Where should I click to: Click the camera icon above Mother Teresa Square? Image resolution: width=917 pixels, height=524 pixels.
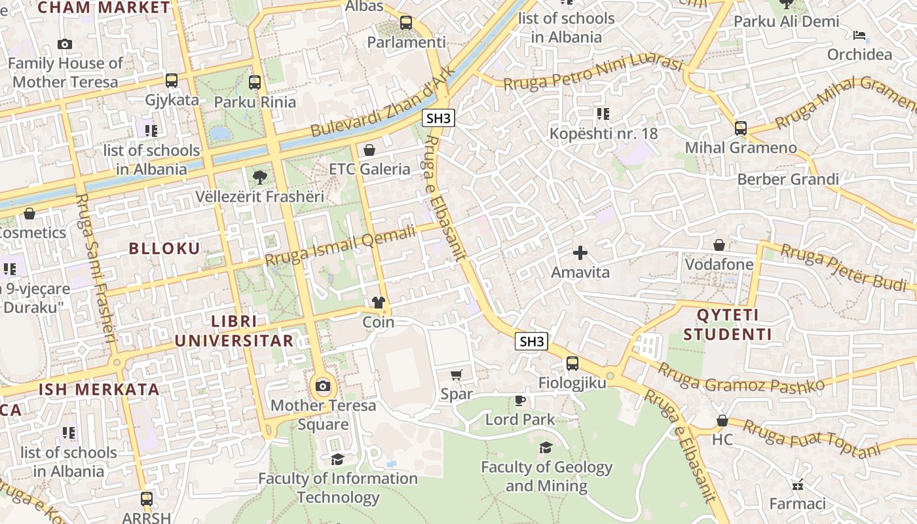point(322,386)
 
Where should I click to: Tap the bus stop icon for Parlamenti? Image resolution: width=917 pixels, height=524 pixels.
point(406,23)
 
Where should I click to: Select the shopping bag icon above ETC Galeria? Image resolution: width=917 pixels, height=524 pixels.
point(369,150)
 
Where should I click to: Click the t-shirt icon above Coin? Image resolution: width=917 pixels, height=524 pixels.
point(379,303)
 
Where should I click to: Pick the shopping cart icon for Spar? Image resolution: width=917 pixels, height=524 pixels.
point(457,375)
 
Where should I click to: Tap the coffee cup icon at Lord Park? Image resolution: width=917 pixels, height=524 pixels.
point(520,400)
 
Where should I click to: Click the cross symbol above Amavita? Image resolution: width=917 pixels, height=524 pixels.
point(580,253)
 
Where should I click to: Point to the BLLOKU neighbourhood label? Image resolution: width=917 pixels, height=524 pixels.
point(164,248)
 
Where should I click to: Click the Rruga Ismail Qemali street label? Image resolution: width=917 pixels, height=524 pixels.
point(341,245)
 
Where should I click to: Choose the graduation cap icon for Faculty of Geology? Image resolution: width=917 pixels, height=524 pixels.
point(546,448)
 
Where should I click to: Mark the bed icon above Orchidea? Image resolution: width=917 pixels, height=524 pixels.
point(859,35)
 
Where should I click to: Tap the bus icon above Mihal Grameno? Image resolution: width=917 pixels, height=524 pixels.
point(741,128)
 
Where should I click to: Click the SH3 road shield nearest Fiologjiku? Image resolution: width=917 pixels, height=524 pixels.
point(531,341)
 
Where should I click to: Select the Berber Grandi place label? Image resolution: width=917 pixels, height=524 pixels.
point(788,179)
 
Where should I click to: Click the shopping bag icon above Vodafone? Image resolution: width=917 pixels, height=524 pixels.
point(719,245)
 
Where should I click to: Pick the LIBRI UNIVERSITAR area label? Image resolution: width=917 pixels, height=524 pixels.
point(234,331)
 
